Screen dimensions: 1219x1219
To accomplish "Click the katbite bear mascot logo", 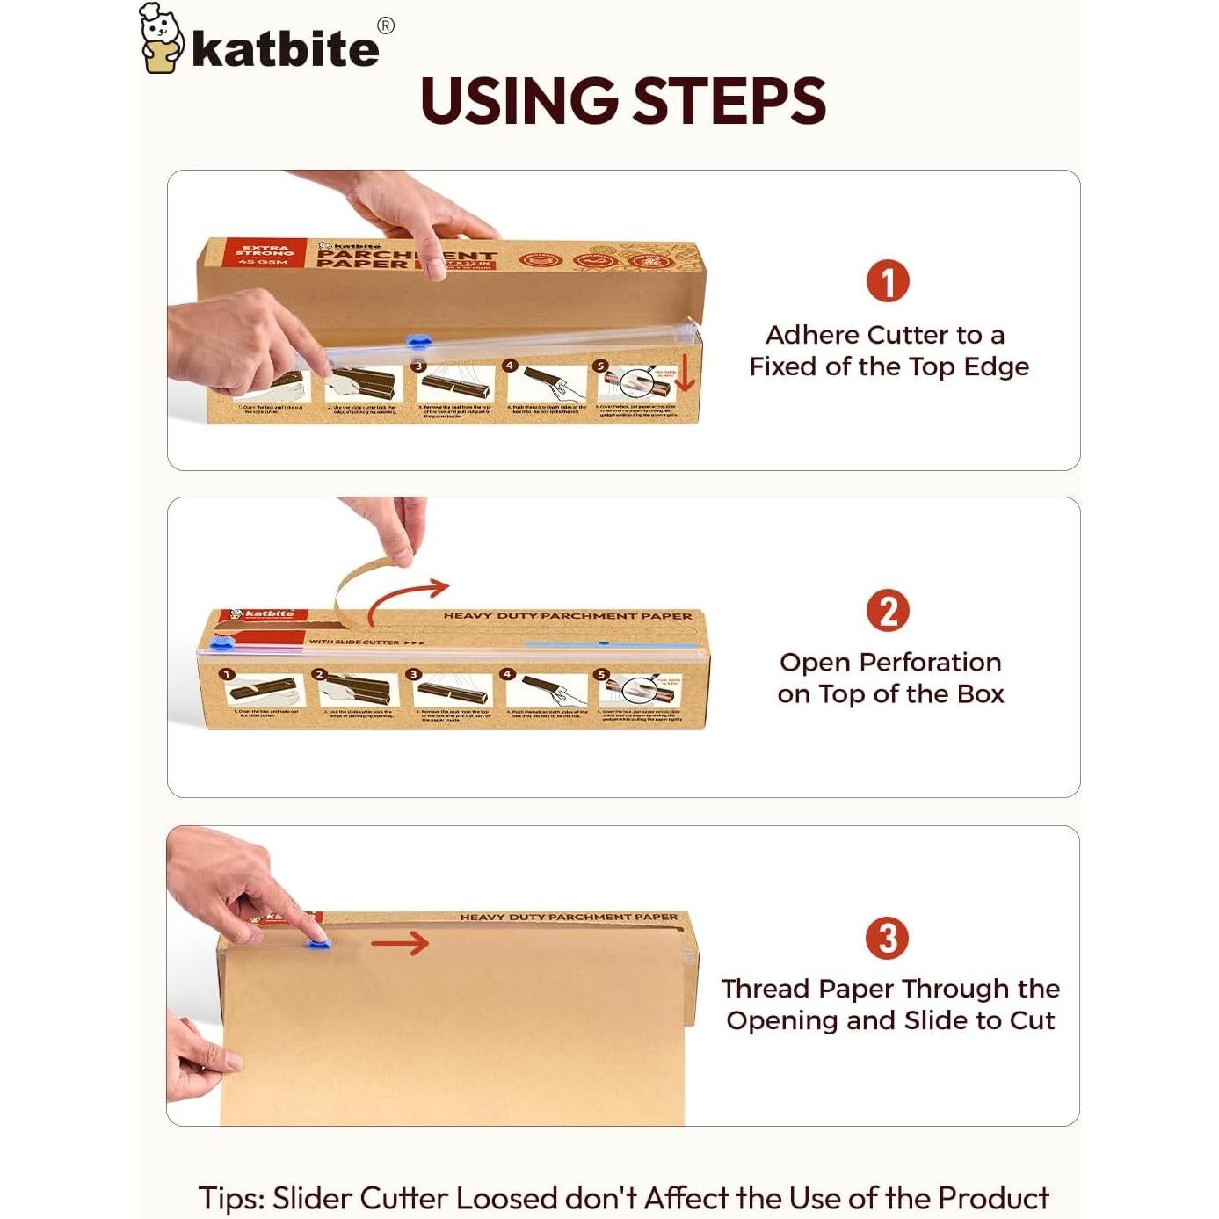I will click(161, 40).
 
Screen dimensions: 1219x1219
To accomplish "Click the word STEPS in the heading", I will click(729, 101).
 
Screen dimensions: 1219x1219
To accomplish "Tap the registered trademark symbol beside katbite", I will click(385, 25).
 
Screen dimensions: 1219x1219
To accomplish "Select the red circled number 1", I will click(887, 281).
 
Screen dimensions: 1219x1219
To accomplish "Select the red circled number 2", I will click(887, 610).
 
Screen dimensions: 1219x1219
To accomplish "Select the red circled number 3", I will click(887, 938).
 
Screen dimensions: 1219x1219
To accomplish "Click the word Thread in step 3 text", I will click(765, 989).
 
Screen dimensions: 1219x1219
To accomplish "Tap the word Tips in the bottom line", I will click(230, 1198).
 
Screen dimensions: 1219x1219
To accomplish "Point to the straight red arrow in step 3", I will click(400, 943).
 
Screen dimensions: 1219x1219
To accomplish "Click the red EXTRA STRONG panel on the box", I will click(265, 254).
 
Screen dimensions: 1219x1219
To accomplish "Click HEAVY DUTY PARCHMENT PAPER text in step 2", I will click(567, 616).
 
